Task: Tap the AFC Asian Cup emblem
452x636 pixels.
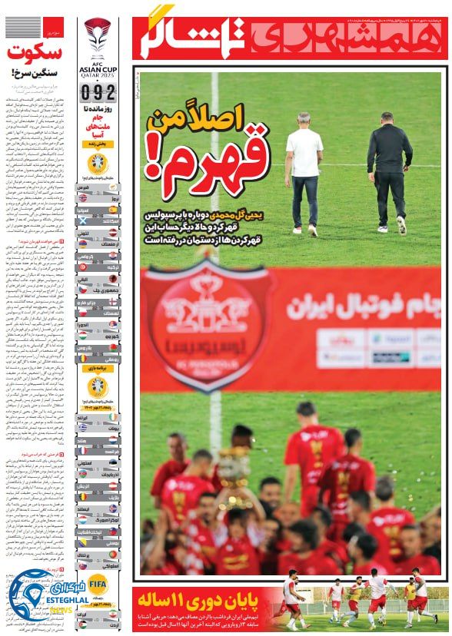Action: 98,38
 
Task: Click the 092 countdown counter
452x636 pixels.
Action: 98,94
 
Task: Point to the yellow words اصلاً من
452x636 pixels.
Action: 208,119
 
